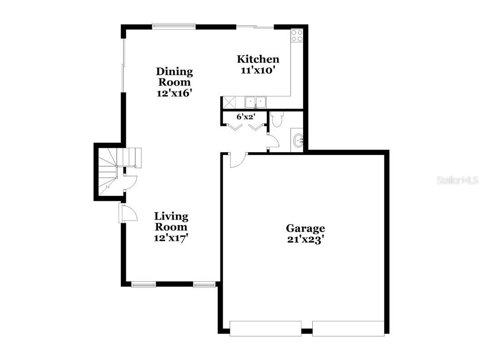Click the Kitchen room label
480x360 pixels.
click(x=258, y=59)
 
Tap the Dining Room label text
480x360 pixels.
click(x=174, y=77)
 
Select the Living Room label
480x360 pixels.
click(x=171, y=222)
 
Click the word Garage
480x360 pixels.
click(x=305, y=228)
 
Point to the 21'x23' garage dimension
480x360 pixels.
click(x=305, y=240)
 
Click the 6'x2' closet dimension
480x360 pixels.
click(x=245, y=116)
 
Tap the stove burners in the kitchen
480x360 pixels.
click(x=297, y=35)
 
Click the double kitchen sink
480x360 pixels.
click(x=255, y=101)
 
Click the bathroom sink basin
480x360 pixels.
click(x=298, y=140)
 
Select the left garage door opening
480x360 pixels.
click(x=265, y=328)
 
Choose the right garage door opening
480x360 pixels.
click(x=348, y=328)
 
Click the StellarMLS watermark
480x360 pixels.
click(x=457, y=180)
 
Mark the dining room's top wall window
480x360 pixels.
click(x=174, y=26)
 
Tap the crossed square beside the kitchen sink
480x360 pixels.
click(x=228, y=102)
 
